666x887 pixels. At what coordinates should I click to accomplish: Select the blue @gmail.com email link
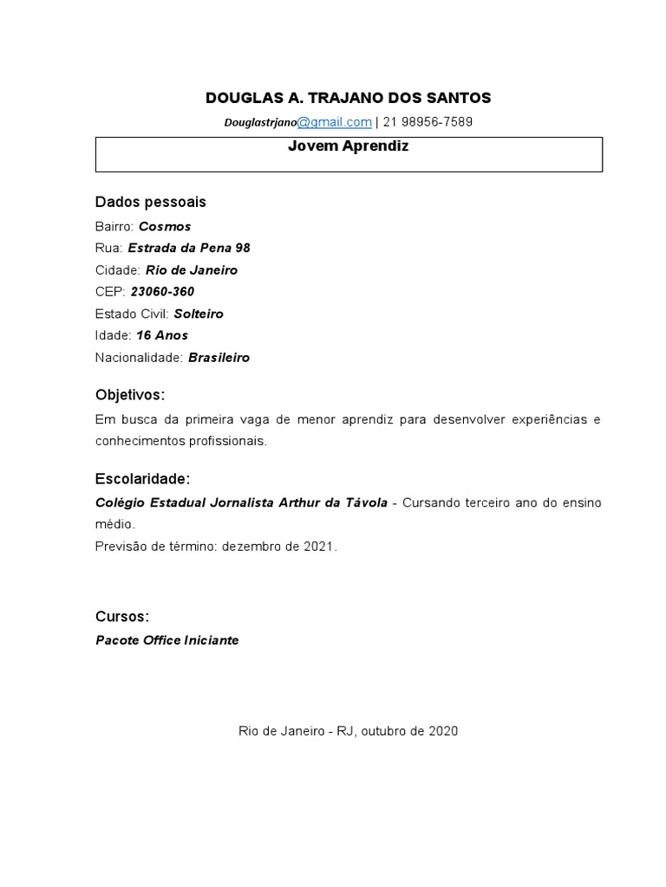point(335,122)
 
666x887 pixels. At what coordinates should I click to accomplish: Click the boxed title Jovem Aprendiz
point(348,146)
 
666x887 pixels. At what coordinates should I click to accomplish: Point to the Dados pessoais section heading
point(150,202)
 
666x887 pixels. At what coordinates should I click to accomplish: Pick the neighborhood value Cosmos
point(165,226)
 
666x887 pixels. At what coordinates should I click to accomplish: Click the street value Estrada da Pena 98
point(189,248)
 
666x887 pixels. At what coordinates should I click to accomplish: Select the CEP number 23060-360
point(162,292)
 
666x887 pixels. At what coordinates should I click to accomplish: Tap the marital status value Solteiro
point(199,314)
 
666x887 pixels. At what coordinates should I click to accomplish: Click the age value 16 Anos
point(162,335)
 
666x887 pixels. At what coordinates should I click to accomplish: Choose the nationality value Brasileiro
point(219,357)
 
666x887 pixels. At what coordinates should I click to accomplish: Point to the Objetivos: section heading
point(130,395)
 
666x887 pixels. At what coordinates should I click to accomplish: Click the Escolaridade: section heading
point(142,479)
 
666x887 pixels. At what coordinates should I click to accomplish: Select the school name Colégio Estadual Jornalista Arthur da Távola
point(241,502)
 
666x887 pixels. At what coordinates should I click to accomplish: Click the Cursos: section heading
point(122,617)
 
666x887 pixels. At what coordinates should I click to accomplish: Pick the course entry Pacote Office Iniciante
point(166,640)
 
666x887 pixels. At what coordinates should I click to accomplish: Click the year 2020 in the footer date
point(442,731)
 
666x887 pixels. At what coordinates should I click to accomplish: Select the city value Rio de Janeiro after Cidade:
point(192,269)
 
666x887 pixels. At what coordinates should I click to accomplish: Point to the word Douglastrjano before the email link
point(260,123)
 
